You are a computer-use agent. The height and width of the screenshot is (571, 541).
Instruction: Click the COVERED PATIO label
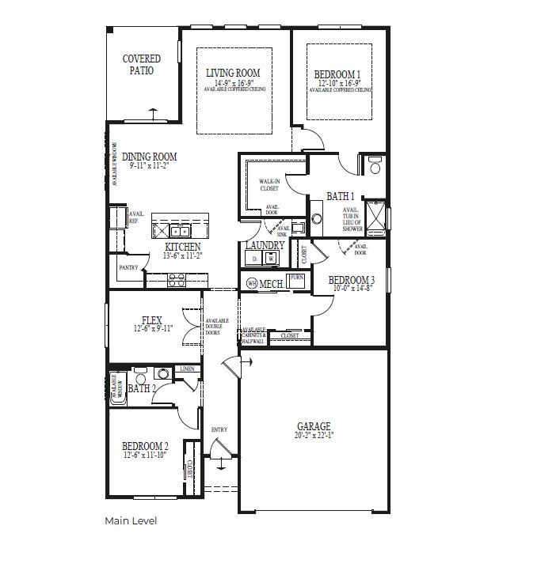[x=141, y=64]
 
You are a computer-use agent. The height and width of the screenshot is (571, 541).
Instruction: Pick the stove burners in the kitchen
[x=177, y=280]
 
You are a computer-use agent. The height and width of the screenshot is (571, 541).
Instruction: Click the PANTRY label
[x=128, y=268]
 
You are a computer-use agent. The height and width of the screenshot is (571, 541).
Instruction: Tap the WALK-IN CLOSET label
[x=270, y=186]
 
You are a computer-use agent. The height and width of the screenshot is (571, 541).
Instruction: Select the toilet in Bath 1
[x=374, y=165]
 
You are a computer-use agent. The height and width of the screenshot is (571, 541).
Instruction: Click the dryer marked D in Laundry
[x=254, y=259]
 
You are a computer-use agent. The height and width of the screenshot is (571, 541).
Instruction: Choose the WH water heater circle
[x=252, y=282]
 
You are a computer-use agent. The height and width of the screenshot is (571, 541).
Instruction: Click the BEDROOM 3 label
[x=351, y=280]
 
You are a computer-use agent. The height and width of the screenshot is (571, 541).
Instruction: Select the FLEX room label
[x=151, y=320]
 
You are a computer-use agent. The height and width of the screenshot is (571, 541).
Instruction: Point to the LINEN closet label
[x=187, y=369]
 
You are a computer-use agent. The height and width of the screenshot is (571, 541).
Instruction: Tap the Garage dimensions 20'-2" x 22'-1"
[x=314, y=435]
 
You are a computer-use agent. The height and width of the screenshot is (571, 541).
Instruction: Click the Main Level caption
[x=131, y=521]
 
